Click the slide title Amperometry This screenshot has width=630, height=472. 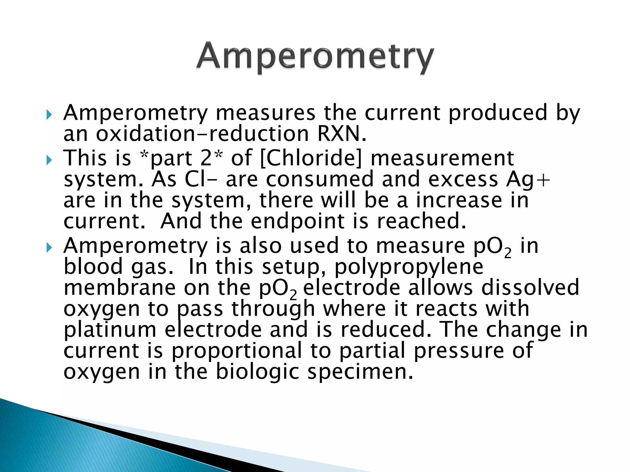tap(315, 57)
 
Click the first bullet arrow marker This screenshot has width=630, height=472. tap(49, 116)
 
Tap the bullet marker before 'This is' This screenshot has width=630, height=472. tap(49, 160)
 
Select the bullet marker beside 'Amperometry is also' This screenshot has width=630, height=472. tap(49, 247)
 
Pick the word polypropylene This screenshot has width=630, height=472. tap(409, 267)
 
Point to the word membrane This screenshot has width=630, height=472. tap(120, 288)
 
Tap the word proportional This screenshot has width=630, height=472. tap(237, 351)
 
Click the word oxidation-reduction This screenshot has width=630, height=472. tap(202, 134)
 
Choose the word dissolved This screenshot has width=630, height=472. tap(530, 288)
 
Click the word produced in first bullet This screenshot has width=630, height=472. tap(498, 113)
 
